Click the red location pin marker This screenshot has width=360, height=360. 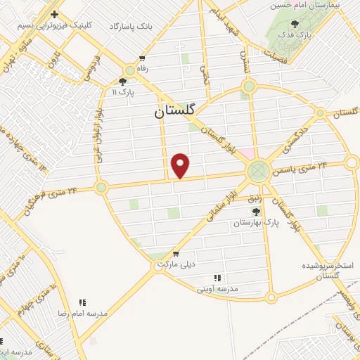[181, 165]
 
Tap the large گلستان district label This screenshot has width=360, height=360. [176, 111]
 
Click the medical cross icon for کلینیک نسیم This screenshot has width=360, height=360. [54, 14]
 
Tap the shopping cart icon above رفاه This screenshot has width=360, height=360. [143, 58]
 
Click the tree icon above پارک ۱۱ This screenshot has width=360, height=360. [123, 81]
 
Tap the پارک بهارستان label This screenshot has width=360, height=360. [257, 221]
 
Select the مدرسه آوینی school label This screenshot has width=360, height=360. [217, 288]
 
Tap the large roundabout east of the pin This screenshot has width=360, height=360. [258, 170]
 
